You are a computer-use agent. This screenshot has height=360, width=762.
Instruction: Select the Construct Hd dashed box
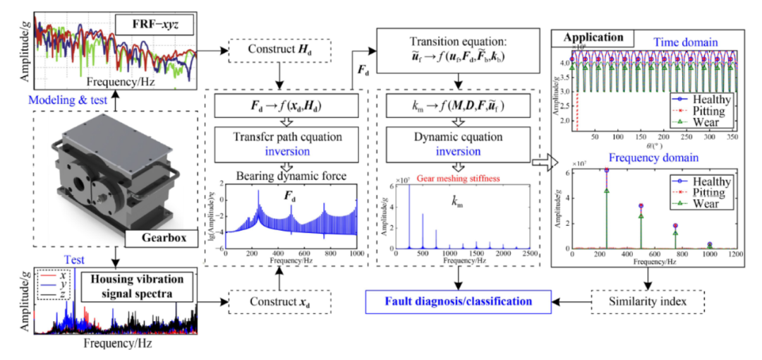pos(277,51)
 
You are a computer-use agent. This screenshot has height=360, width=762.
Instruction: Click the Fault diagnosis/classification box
pos(459,302)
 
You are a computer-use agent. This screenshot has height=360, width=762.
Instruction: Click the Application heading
pos(594,37)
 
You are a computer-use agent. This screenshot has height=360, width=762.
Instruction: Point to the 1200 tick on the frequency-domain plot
pos(733,253)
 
